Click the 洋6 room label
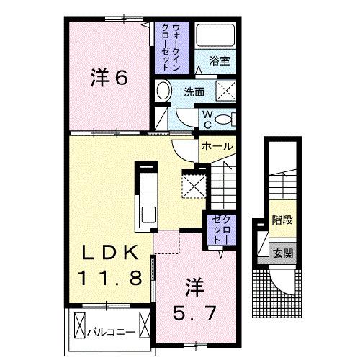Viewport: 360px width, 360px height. tap(109, 77)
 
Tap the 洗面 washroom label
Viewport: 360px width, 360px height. tap(194, 92)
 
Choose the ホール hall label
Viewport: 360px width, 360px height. tap(217, 146)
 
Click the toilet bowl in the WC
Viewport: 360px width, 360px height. tap(224, 119)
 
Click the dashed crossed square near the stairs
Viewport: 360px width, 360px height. tap(194, 184)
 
